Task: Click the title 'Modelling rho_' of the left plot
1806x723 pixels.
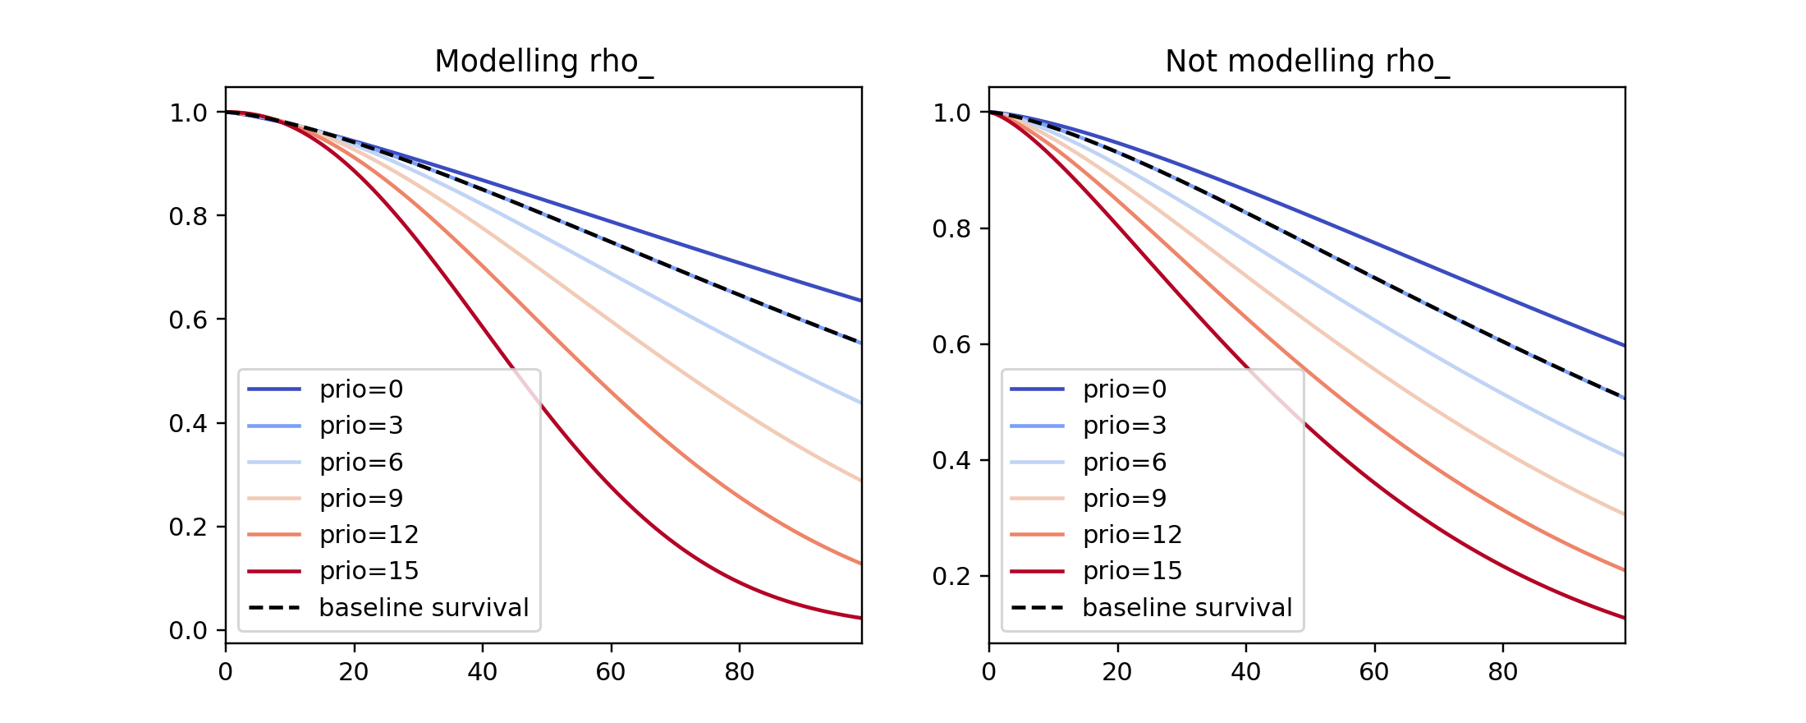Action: [543, 62]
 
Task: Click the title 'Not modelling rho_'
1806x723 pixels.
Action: [1307, 62]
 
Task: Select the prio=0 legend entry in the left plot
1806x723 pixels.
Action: [361, 389]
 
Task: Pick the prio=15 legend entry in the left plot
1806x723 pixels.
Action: [369, 571]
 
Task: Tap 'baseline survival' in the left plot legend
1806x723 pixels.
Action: [424, 608]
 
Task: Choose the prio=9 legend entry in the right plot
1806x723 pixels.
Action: [1125, 499]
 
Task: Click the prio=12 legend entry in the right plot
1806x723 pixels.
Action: [1132, 535]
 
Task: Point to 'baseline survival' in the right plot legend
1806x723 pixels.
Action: [1187, 608]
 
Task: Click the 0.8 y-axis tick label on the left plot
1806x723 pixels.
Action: [188, 216]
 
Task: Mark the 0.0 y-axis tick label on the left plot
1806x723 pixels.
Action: [188, 631]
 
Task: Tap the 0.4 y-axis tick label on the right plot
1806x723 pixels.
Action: [951, 461]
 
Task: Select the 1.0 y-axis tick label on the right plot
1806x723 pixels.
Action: [951, 113]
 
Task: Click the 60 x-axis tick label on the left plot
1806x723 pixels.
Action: [611, 672]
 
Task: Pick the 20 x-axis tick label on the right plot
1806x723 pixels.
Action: [1117, 672]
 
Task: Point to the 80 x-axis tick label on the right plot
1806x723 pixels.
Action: [1503, 672]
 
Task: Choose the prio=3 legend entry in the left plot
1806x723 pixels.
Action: [361, 426]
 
